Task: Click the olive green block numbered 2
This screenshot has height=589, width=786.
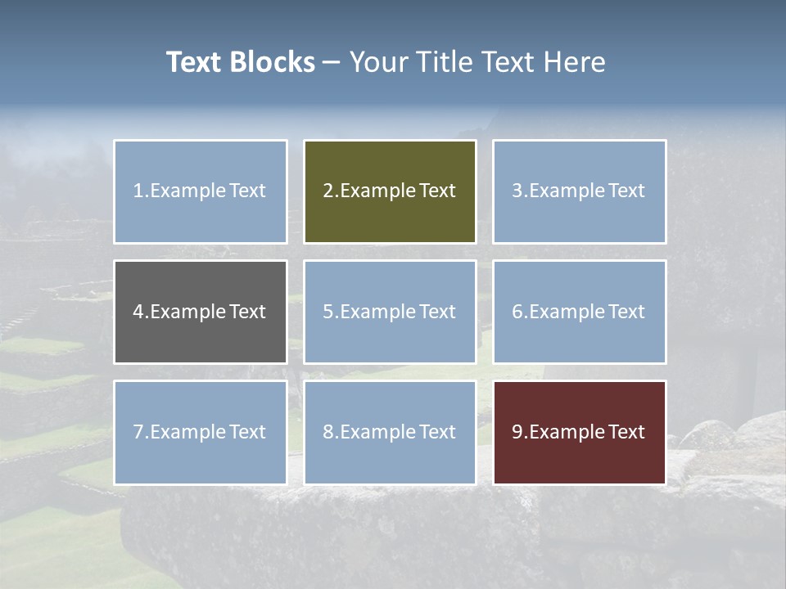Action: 390,191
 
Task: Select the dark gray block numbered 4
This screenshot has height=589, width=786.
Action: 201,312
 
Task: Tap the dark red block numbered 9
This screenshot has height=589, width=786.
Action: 579,432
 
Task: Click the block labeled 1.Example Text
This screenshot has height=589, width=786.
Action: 201,191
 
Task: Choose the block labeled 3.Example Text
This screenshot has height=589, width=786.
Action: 579,191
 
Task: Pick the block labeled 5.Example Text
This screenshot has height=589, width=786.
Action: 390,312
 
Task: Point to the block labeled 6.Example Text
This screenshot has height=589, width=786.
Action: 579,312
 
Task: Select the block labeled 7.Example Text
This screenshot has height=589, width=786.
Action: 201,432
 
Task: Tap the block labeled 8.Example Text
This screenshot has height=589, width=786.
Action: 390,432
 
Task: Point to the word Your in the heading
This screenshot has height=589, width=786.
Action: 378,62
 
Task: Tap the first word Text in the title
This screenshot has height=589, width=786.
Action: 195,62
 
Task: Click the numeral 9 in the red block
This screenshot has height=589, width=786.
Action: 517,432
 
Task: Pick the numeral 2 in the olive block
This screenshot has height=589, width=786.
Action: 327,191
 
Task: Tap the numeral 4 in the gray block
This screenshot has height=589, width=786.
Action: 138,312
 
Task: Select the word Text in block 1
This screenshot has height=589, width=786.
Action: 247,191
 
